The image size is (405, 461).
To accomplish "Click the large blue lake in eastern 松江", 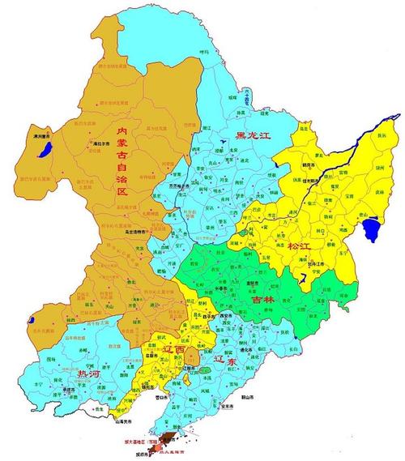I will (372, 229).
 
